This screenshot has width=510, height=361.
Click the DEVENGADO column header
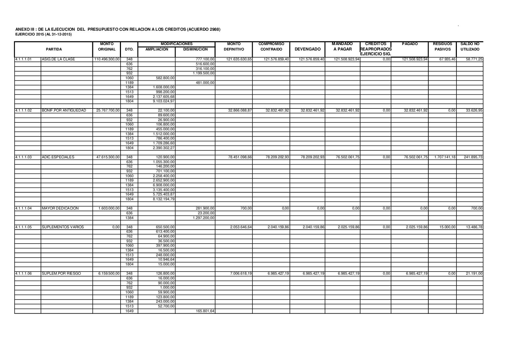click(x=307, y=49)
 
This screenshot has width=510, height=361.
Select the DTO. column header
click(x=129, y=49)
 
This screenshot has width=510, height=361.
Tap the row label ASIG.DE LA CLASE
click(x=58, y=59)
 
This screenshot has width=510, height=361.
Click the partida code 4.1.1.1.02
click(x=24, y=111)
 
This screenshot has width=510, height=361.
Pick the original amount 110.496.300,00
click(x=107, y=59)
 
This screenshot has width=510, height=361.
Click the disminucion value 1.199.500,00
click(x=203, y=73)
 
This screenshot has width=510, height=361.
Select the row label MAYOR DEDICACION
click(x=60, y=208)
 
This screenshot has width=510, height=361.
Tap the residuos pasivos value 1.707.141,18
click(x=445, y=157)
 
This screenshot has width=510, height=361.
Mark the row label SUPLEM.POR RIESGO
click(x=61, y=274)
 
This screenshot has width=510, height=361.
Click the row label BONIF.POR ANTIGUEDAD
click(x=64, y=111)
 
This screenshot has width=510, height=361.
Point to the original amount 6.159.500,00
click(x=109, y=274)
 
